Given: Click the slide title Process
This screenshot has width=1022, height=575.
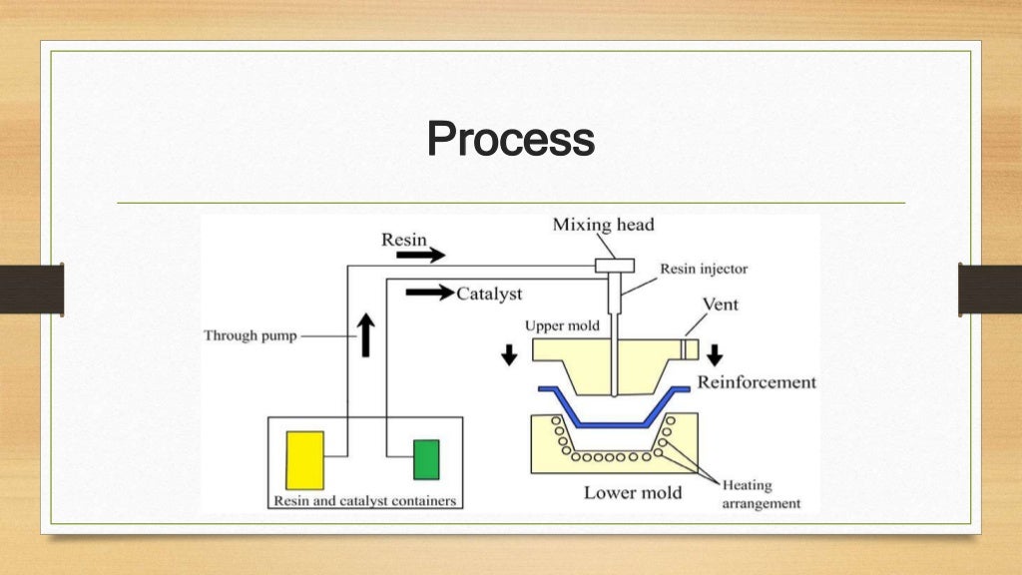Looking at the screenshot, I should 510,139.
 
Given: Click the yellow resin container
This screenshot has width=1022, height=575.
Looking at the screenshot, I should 304,460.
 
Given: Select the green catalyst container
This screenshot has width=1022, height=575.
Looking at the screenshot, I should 426,460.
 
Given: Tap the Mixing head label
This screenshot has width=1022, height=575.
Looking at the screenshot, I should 603,225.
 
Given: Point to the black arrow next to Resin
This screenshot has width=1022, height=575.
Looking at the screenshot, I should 420,256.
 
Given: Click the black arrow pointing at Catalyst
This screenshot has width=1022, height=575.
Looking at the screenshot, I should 429,293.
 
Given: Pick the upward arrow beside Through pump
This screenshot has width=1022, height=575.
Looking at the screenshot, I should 366,335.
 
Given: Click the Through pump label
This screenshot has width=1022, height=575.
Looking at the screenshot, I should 251,336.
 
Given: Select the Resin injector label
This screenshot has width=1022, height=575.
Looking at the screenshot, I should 703,270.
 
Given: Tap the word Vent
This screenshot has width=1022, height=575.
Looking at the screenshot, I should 720,303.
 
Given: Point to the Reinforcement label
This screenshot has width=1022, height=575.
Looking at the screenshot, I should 756,382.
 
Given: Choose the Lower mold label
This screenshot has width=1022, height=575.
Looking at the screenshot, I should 633,492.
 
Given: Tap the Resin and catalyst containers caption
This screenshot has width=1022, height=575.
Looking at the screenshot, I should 365,500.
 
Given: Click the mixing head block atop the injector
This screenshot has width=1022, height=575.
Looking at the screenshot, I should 615,266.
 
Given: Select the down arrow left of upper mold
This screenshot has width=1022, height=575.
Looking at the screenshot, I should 509,354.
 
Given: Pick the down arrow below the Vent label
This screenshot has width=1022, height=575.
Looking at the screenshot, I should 715,354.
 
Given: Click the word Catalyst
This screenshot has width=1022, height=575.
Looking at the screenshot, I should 489,294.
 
